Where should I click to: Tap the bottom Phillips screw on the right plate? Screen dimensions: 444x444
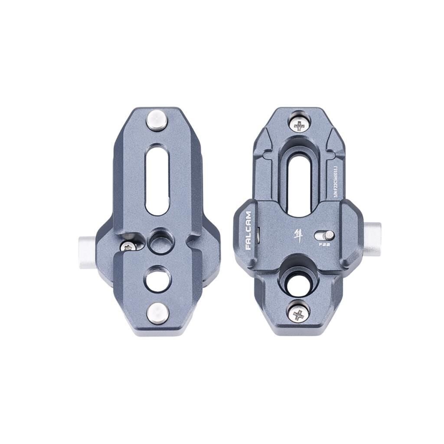click(x=299, y=313)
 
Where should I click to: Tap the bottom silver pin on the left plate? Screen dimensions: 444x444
click(x=157, y=313)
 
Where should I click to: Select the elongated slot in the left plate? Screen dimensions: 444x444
click(x=157, y=180)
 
